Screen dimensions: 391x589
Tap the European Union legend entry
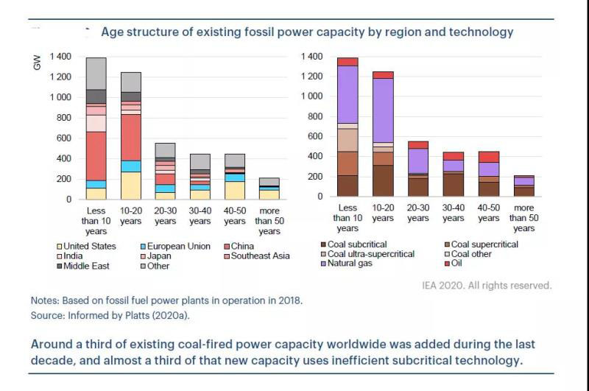pyautogui.click(x=174, y=246)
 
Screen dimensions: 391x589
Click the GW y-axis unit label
pyautogui.click(x=38, y=63)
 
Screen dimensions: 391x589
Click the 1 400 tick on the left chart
pyautogui.click(x=60, y=57)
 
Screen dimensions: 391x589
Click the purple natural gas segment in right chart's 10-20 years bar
pyautogui.click(x=383, y=110)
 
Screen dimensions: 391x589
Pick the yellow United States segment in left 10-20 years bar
pyautogui.click(x=130, y=186)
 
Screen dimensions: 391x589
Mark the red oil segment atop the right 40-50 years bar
pyautogui.click(x=488, y=157)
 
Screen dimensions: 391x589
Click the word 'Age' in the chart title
pyautogui.click(x=110, y=32)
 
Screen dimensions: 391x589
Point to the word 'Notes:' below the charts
pyautogui.click(x=46, y=300)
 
